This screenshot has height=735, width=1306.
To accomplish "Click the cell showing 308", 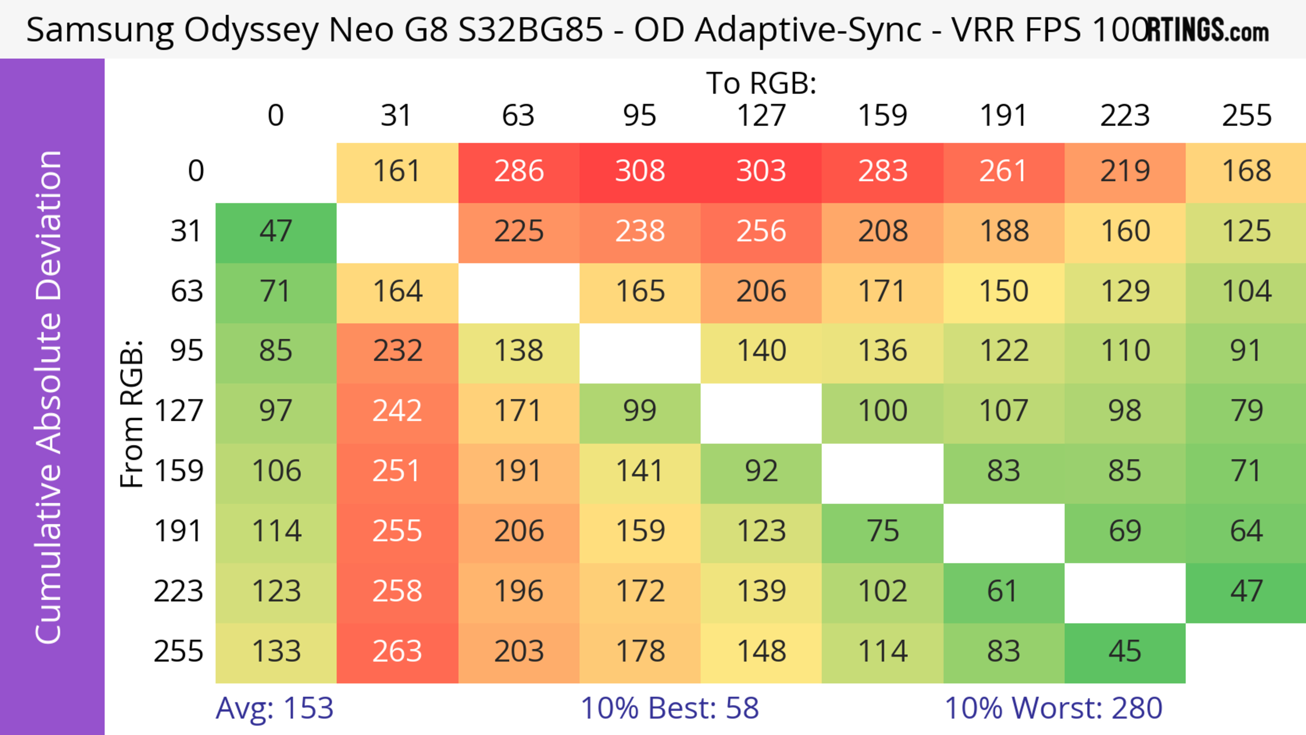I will (x=640, y=171).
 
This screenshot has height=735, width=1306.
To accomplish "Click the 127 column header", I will (x=761, y=116).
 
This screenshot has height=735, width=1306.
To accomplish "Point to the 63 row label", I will (x=187, y=292).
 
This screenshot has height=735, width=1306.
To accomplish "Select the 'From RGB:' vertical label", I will (x=132, y=413).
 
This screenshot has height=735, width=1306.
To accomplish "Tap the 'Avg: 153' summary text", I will (x=274, y=708).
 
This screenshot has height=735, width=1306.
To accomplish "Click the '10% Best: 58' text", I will (x=669, y=708).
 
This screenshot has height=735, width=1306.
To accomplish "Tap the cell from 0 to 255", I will (x=1246, y=171).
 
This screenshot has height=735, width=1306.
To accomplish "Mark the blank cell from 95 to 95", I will (x=640, y=352).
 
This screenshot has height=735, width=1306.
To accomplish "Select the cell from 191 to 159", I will (x=882, y=532).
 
